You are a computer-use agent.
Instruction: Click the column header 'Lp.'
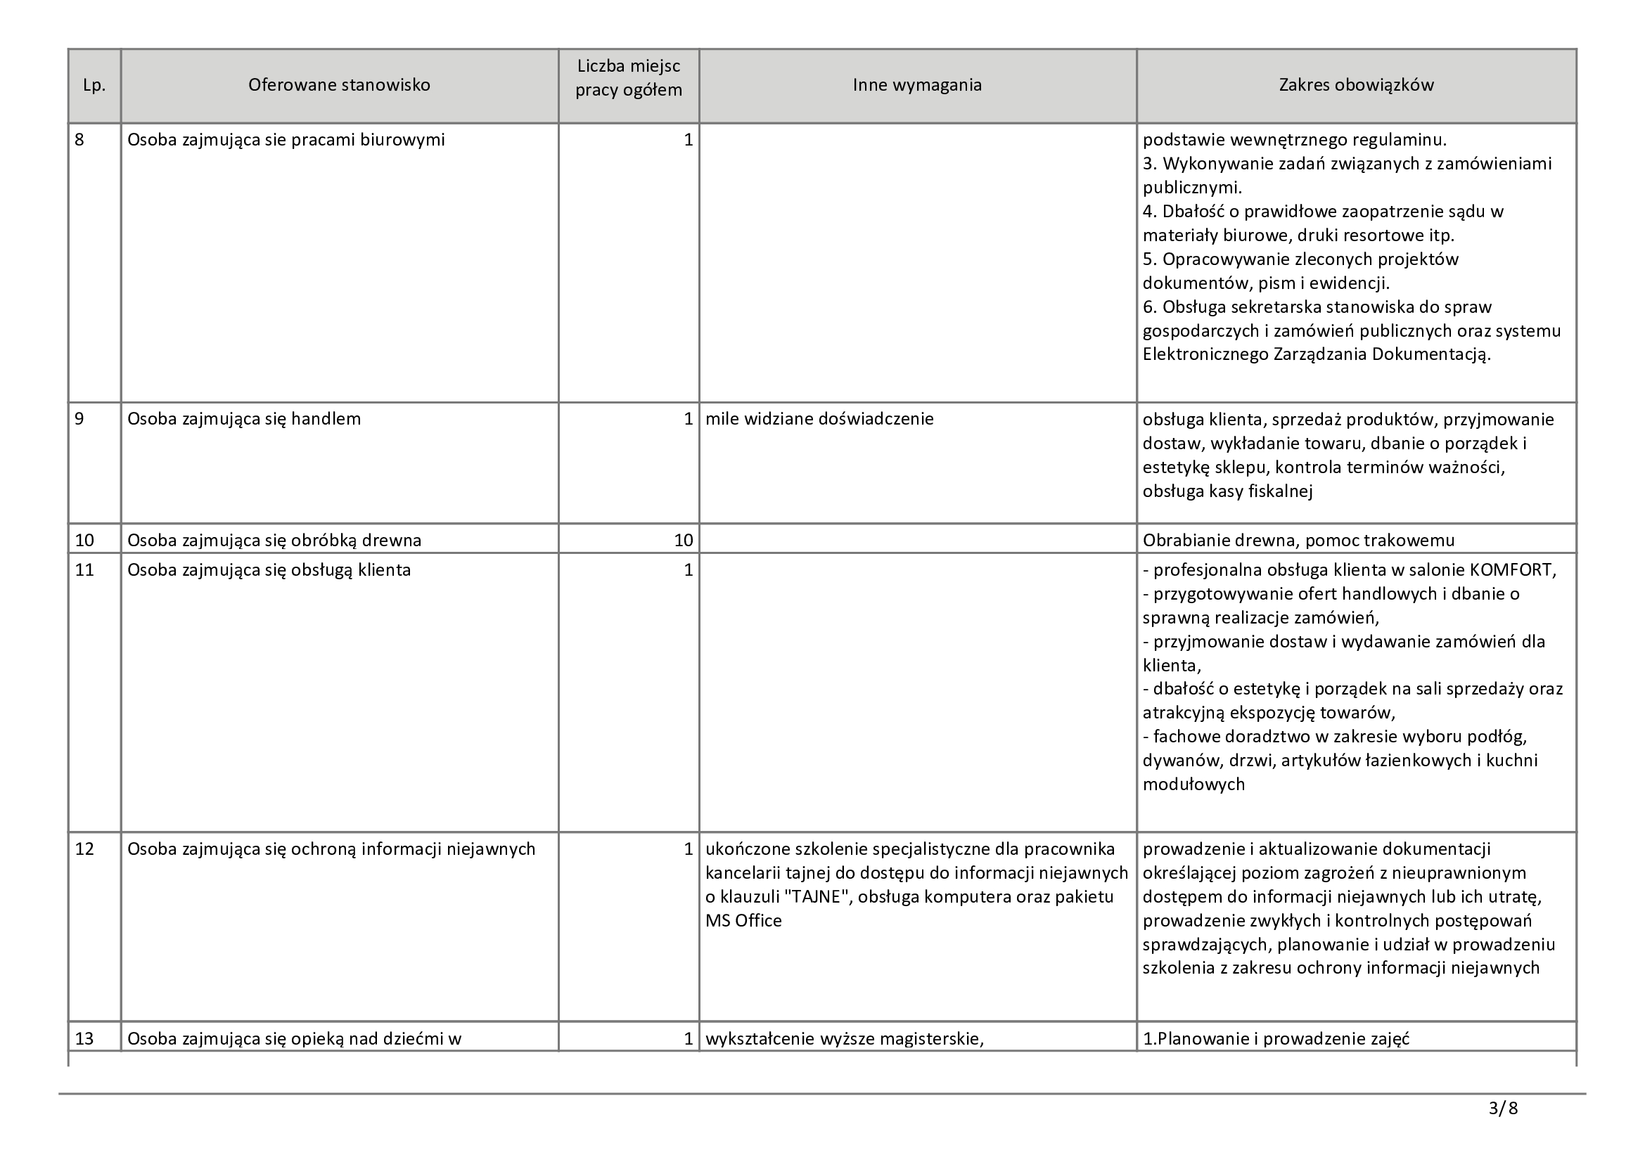(94, 85)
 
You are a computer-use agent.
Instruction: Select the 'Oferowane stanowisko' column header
(339, 85)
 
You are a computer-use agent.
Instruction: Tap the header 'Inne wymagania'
(917, 85)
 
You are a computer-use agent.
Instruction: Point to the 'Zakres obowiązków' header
(1356, 85)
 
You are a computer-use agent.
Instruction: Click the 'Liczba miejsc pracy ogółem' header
(628, 79)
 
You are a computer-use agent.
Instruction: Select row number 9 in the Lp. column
(79, 419)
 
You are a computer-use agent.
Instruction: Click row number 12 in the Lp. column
(84, 849)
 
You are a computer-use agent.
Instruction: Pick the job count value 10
(683, 540)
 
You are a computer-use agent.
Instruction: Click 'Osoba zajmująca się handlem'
(243, 419)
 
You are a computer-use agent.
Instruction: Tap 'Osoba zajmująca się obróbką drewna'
(274, 540)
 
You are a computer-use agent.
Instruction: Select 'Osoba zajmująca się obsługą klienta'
(269, 570)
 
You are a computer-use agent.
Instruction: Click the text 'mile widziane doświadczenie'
(819, 419)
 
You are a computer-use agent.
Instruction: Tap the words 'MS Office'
(743, 921)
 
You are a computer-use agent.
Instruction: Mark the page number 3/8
(1502, 1109)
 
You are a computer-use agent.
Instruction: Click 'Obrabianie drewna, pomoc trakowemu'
(1298, 540)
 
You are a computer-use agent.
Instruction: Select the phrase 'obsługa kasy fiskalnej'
(1227, 491)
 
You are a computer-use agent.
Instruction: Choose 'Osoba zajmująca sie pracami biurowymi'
(286, 140)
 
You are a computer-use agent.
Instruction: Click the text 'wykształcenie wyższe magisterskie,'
(844, 1039)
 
